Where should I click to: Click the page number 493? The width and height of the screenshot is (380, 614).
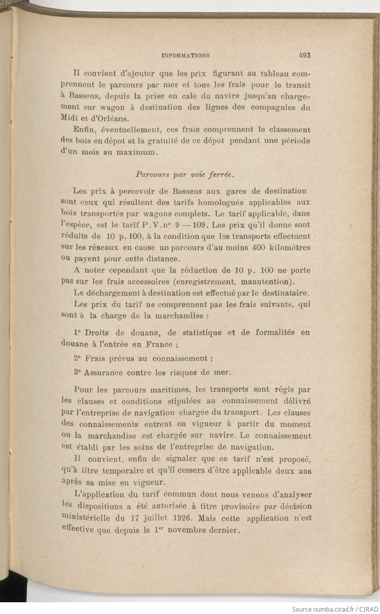[304, 55]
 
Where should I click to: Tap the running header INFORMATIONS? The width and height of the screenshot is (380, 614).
[185, 56]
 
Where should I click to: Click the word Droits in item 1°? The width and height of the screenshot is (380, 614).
[96, 332]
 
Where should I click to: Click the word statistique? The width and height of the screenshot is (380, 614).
[202, 332]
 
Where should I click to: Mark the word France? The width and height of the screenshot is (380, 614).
[160, 344]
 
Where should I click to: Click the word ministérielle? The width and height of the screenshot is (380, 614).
[86, 518]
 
